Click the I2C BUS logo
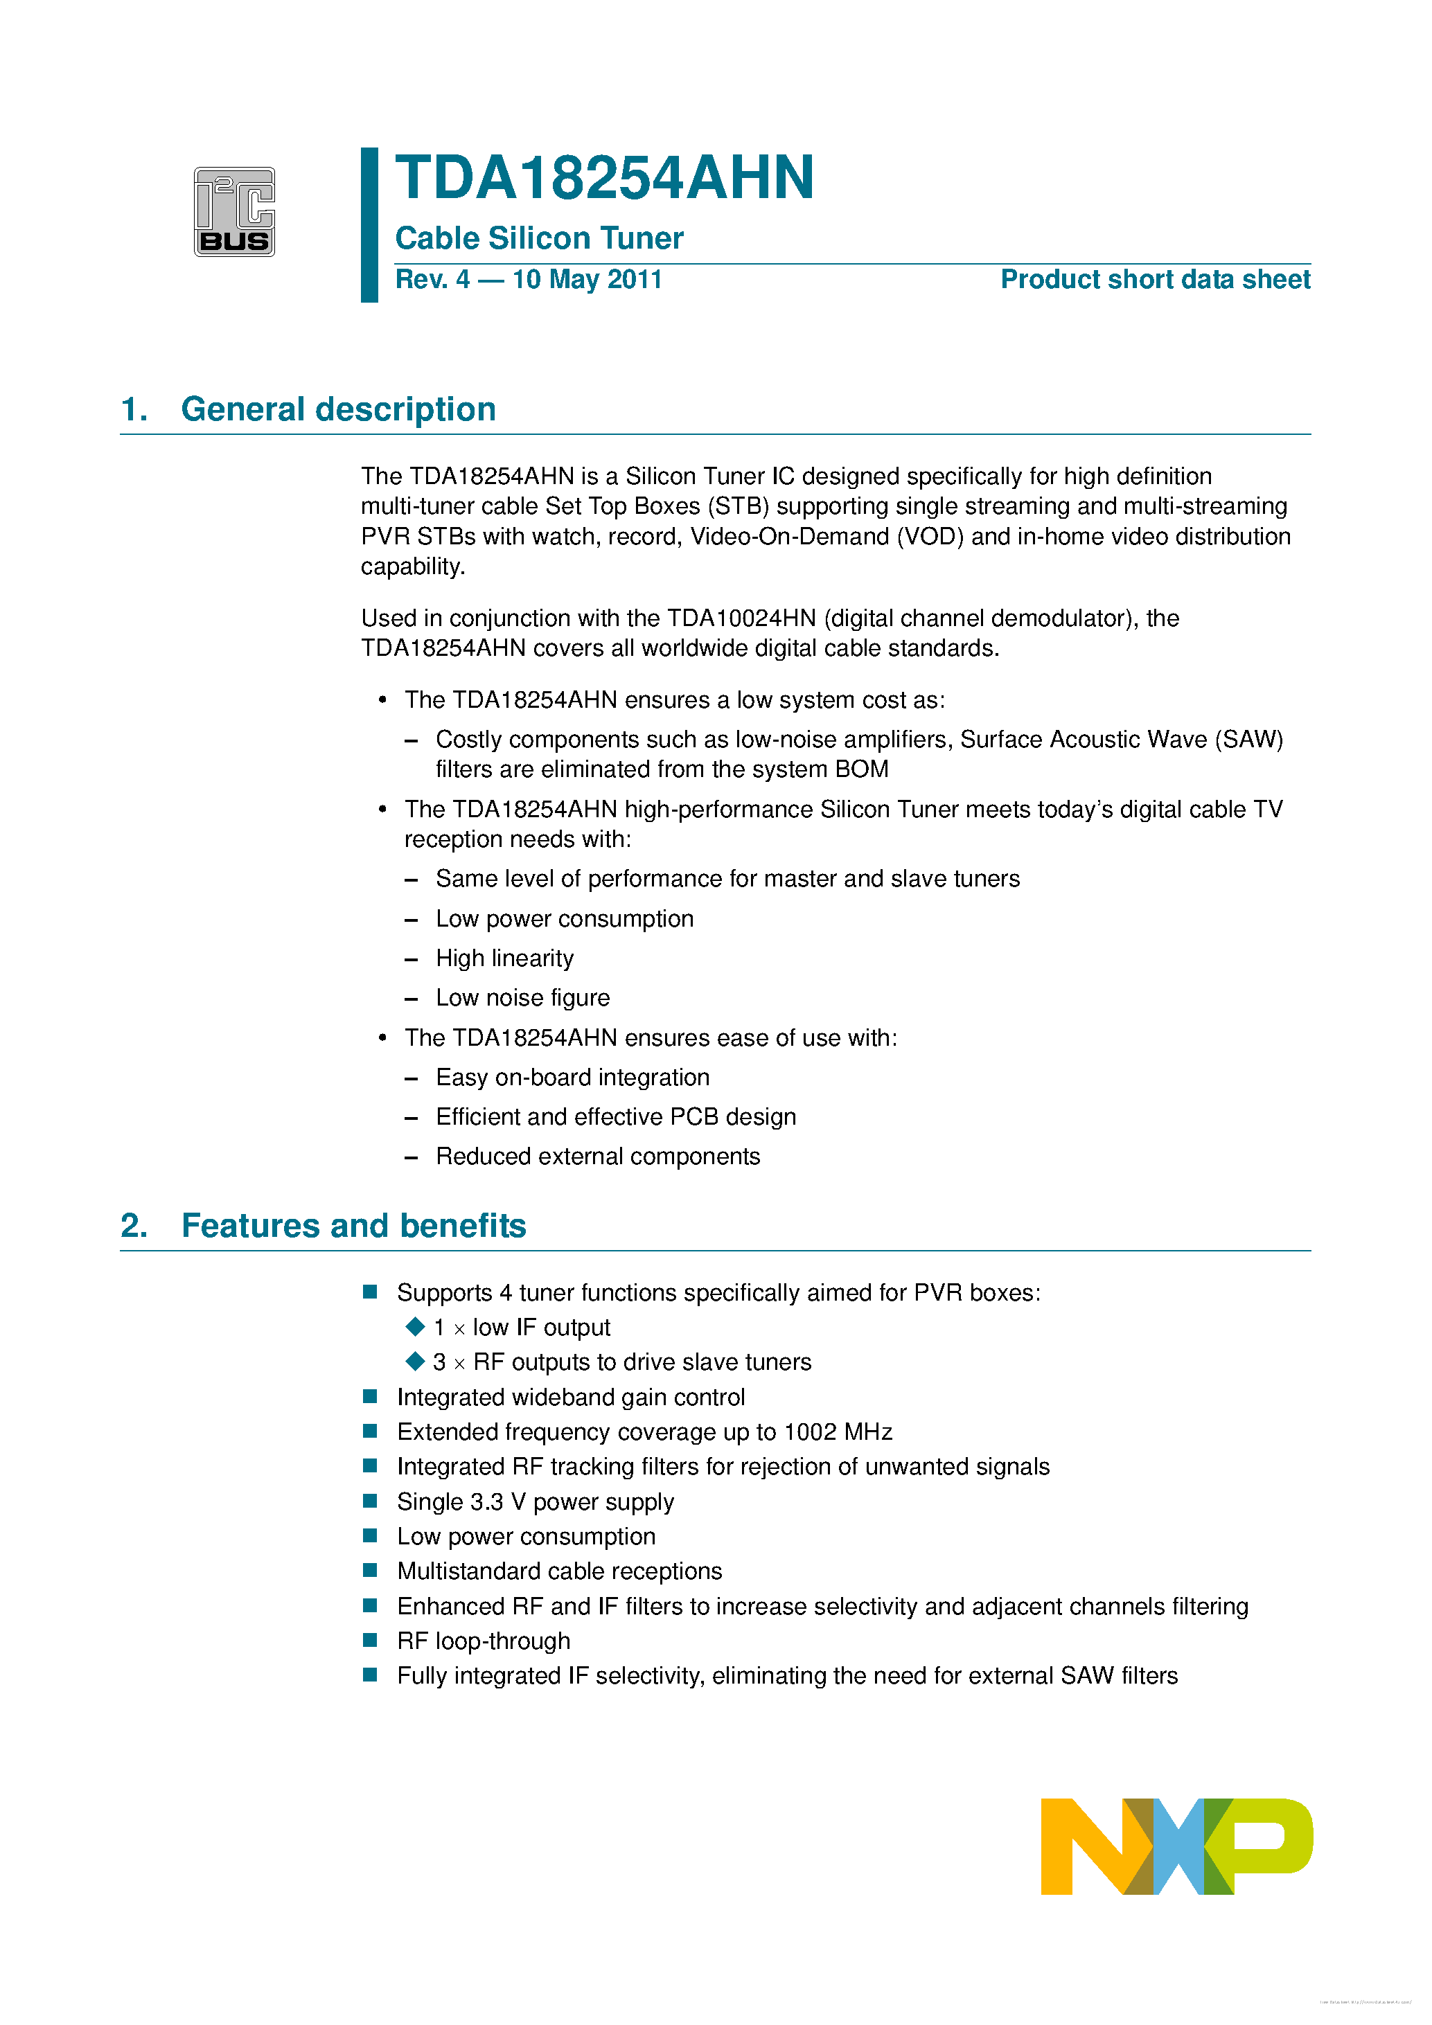pos(233,212)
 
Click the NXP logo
pos(1176,1846)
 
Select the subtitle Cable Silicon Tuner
pos(539,238)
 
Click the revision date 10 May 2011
pos(587,280)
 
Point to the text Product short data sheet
pos(1154,280)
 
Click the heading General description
pos(338,409)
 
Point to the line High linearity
pos(504,958)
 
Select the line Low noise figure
pos(522,997)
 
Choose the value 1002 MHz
pos(838,1431)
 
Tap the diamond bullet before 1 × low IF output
pos(415,1326)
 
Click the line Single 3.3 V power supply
pos(535,1501)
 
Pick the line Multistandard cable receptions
pos(558,1571)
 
